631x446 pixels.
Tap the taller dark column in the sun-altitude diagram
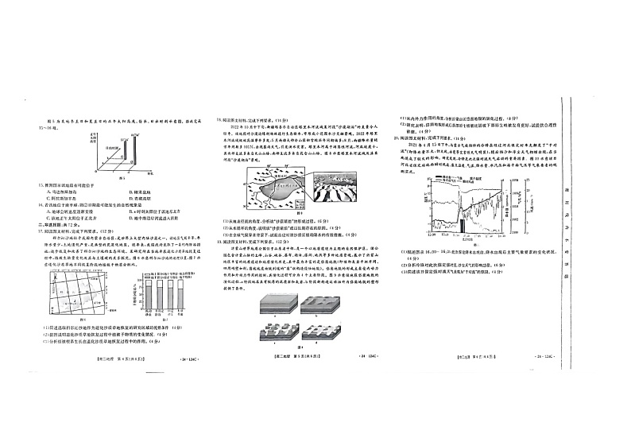tap(134, 151)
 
